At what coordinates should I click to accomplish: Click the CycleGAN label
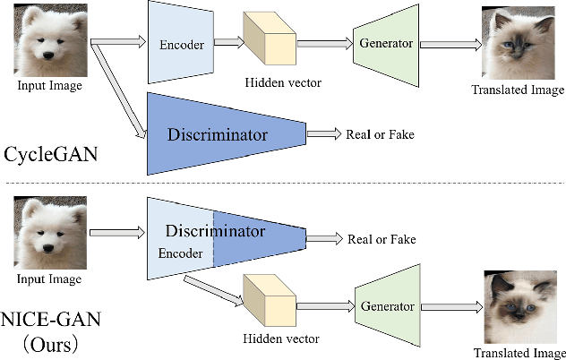click(49, 155)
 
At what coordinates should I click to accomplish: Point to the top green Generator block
click(385, 41)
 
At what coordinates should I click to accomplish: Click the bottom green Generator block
click(386, 305)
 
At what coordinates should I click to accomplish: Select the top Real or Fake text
click(380, 134)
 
